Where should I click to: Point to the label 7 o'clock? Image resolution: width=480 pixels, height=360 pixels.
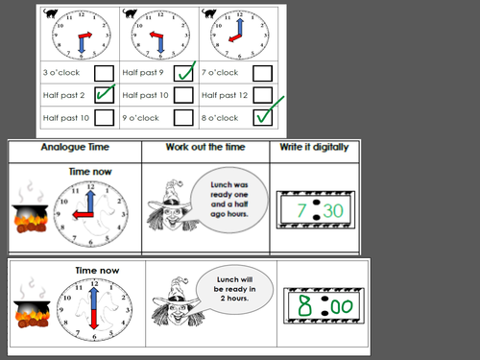pyautogui.click(x=221, y=73)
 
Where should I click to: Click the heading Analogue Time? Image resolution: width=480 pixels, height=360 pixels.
pyautogui.click(x=74, y=149)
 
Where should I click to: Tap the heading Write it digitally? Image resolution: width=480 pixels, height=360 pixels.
pyautogui.click(x=316, y=149)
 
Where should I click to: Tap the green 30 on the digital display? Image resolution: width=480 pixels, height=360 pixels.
pyautogui.click(x=332, y=210)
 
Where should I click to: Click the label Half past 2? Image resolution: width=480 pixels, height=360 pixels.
pyautogui.click(x=64, y=95)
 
